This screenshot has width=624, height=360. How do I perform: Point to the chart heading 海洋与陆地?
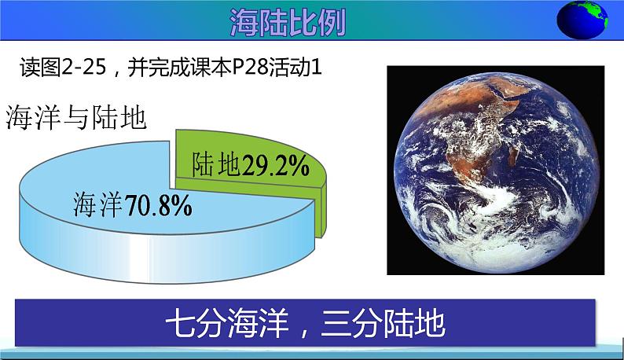[76, 118]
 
